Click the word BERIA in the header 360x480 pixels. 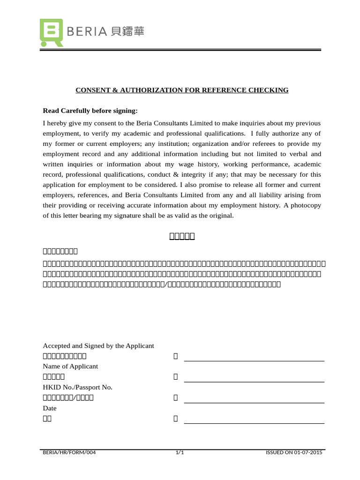[x=88, y=32]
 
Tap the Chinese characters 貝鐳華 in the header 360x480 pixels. [x=128, y=32]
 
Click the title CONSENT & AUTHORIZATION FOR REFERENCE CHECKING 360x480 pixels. [x=182, y=90]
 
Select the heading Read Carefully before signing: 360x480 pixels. [x=90, y=111]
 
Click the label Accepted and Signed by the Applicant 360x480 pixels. [x=98, y=345]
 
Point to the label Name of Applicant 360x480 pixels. [x=70, y=366]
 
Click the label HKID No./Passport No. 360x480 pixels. [x=77, y=387]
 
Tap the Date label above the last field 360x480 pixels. [x=50, y=408]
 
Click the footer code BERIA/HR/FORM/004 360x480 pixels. [x=69, y=453]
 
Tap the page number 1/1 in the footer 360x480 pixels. [x=180, y=453]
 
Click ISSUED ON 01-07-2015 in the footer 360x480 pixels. [x=294, y=453]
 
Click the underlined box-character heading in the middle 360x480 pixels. [x=182, y=236]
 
